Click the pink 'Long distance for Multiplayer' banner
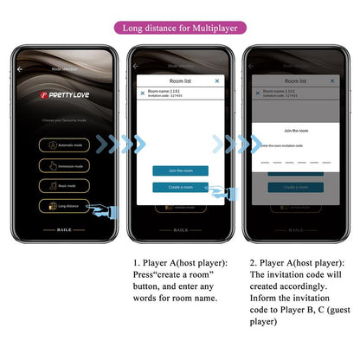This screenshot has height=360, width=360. [x=179, y=27]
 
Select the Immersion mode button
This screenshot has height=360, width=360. [x=66, y=165]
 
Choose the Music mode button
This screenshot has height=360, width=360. [x=66, y=185]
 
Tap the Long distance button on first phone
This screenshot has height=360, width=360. [x=66, y=206]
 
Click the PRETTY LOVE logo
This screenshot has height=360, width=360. [x=67, y=91]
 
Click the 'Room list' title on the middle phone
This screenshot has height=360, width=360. [x=180, y=80]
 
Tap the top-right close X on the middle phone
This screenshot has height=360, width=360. [x=217, y=80]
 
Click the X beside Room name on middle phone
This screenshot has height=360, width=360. [x=142, y=93]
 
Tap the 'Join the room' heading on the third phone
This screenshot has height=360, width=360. [x=295, y=130]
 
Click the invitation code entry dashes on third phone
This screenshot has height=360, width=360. [x=295, y=162]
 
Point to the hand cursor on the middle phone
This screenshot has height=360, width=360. [x=219, y=192]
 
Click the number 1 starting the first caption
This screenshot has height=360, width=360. [x=136, y=260]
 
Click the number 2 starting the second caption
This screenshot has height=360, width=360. [x=251, y=260]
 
